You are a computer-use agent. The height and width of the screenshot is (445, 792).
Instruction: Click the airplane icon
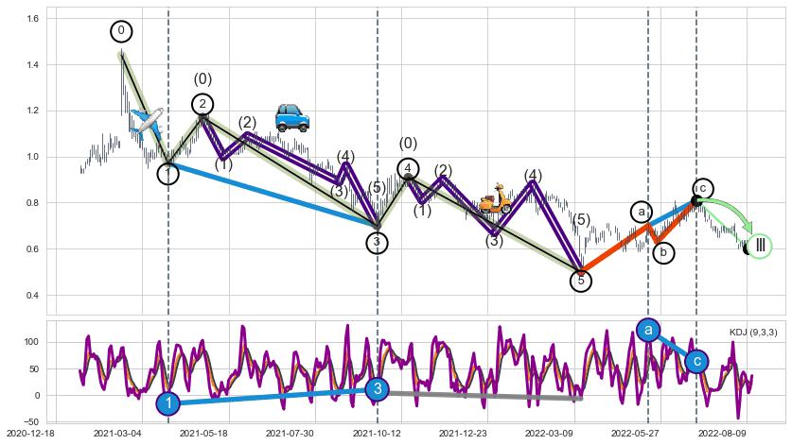coord(147,121)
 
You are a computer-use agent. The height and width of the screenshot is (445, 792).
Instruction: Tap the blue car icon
coord(291,117)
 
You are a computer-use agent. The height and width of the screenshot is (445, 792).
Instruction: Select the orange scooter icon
coord(494,199)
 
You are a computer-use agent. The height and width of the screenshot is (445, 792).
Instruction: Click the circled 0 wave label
coord(121,31)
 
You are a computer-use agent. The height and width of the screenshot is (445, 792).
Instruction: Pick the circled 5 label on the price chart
coord(581,281)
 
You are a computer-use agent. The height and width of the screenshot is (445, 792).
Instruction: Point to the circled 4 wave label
coord(408,169)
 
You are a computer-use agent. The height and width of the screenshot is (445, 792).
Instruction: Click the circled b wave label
coord(664,252)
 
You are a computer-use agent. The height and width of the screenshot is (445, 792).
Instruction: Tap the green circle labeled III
coord(760,247)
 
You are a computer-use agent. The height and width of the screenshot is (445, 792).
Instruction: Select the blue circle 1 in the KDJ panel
coord(167,404)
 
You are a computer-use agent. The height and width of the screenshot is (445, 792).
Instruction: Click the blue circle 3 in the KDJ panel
coord(377,389)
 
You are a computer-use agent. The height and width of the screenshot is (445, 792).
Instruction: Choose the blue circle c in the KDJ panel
coord(696,361)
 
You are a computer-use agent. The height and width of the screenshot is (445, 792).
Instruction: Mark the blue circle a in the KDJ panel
coord(648,330)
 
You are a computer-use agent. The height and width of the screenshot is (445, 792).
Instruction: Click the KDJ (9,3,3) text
coord(753,332)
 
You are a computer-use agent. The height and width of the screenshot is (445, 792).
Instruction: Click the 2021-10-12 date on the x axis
coord(378,434)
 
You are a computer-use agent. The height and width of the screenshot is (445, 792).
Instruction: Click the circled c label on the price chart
coord(702,188)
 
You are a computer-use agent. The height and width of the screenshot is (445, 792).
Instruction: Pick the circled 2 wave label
coord(202,104)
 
